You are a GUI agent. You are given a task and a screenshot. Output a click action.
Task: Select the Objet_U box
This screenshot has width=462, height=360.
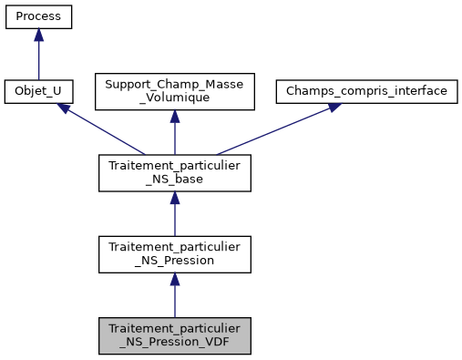pos(38,92)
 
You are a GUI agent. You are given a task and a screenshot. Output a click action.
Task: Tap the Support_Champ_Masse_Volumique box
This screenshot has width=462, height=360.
pos(174,92)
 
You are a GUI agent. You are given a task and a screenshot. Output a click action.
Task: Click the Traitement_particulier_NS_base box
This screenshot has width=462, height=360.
pos(174,172)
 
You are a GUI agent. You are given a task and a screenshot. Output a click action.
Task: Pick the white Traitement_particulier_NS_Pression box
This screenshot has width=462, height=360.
pos(174,254)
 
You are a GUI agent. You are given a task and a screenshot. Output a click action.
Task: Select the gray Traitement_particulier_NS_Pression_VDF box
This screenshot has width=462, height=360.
pos(174,335)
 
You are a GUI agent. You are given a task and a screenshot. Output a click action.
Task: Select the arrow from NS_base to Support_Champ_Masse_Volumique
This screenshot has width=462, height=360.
pos(174,137)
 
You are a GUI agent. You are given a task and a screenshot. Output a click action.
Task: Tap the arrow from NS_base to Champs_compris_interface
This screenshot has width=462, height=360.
pos(273,131)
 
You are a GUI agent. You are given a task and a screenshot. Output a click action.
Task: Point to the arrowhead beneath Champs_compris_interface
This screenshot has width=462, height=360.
pos(334,108)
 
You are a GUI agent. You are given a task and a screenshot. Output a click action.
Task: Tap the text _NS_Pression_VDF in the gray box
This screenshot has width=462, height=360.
pos(174,343)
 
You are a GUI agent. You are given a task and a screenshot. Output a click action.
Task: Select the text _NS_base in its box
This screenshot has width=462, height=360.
pos(174,180)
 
